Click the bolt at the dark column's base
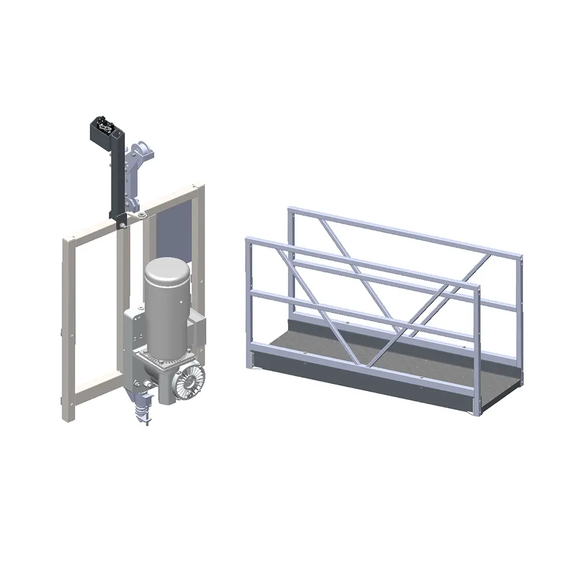click(121, 226)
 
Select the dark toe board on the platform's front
click(359, 381)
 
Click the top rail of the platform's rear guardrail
click(404, 230)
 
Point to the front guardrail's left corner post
click(249, 303)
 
